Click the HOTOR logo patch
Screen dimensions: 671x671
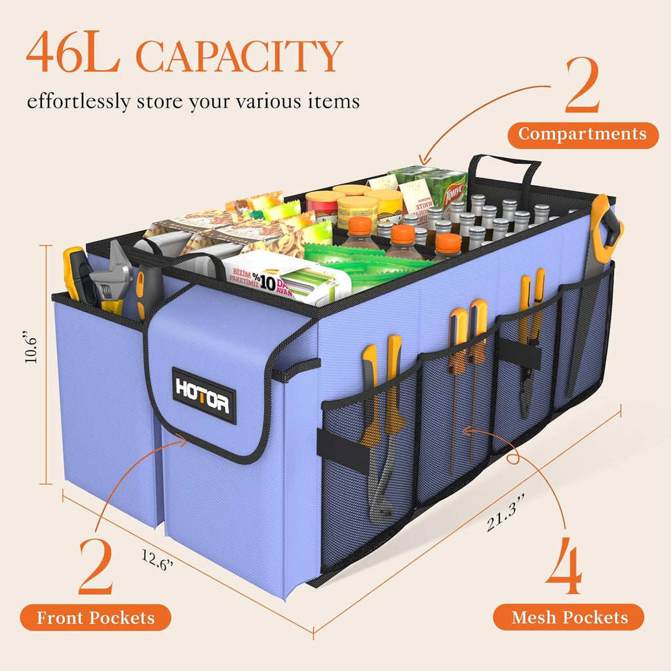click(x=204, y=396)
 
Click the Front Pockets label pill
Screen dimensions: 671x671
click(x=96, y=617)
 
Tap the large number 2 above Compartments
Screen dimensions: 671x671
click(x=582, y=86)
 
